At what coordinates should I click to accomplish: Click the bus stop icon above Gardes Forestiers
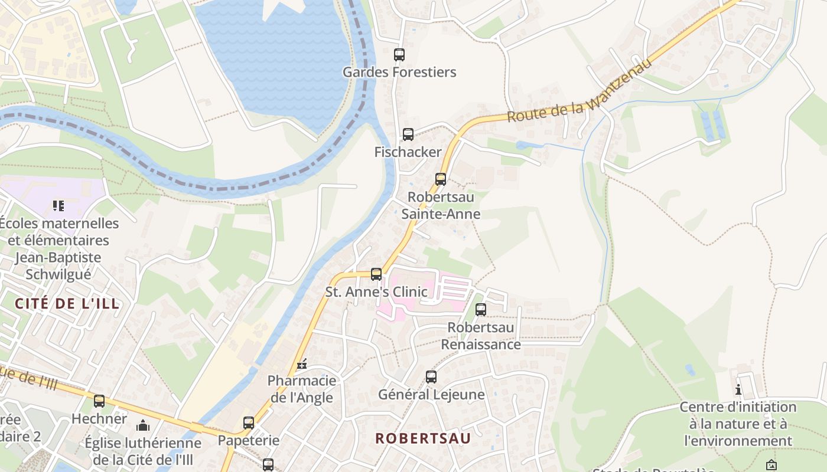point(399,55)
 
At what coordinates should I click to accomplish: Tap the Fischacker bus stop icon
point(408,135)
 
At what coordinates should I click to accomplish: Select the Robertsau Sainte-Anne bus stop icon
point(440,179)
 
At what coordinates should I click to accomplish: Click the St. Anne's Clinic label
point(376,291)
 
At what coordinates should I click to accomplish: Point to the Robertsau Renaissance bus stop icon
point(481,309)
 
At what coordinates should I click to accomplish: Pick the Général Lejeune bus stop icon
point(431,377)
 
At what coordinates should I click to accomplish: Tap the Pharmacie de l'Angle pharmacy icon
point(302,364)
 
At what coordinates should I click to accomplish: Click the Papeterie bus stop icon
point(249,423)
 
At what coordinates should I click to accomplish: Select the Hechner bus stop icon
point(99,401)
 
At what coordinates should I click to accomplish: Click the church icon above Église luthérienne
point(142,425)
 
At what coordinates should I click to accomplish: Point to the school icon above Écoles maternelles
point(58,206)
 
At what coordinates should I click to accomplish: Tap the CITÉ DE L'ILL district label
point(67,304)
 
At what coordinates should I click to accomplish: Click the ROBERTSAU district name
point(423,438)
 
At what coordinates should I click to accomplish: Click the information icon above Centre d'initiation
point(738,389)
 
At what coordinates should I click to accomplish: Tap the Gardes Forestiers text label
point(399,73)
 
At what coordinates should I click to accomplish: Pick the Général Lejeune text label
point(431,394)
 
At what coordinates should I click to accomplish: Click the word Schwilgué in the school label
point(58,274)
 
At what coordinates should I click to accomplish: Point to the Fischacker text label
point(408,152)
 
